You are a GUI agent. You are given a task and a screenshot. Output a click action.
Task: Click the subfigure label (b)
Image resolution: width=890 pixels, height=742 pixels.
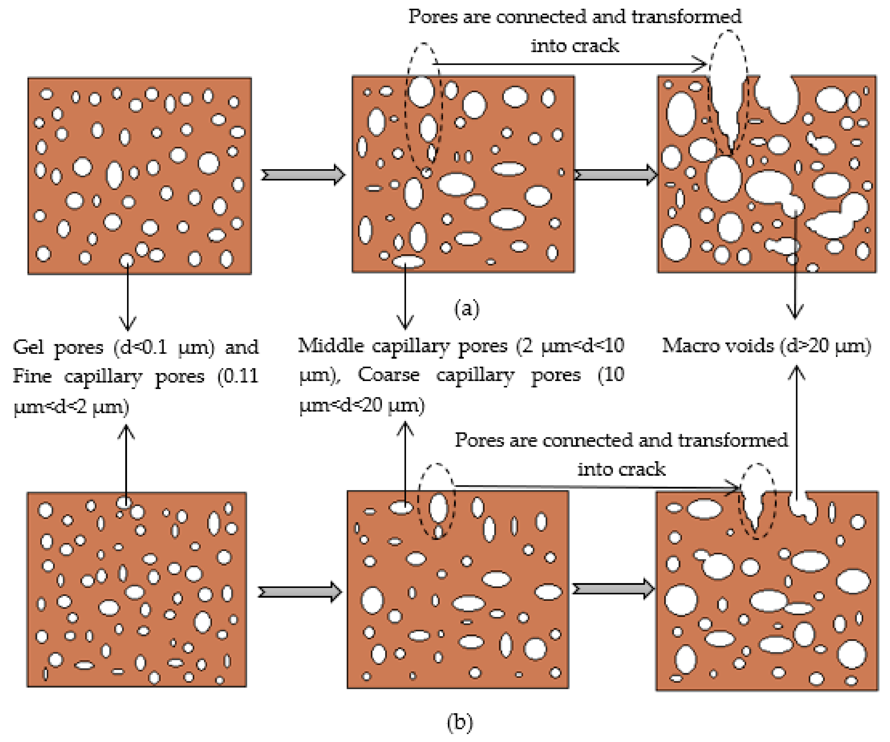pyautogui.click(x=460, y=722)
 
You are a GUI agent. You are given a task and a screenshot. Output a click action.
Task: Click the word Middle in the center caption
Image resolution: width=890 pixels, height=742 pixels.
pyautogui.click(x=331, y=345)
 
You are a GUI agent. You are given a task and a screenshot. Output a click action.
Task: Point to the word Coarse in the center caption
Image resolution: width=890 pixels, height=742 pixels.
pyautogui.click(x=389, y=375)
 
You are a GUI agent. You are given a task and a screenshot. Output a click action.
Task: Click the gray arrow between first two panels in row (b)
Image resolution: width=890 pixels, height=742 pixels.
pyautogui.click(x=300, y=592)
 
